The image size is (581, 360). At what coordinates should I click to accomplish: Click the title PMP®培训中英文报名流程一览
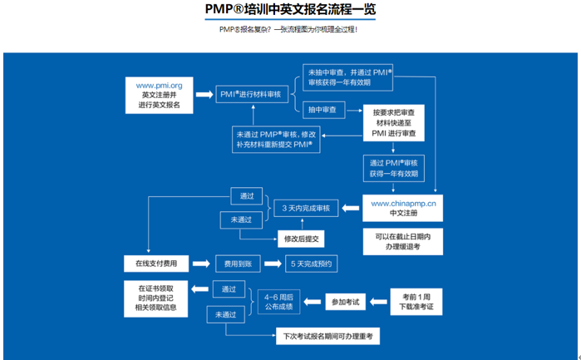click(289, 11)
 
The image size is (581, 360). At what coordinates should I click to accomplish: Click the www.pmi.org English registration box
click(159, 95)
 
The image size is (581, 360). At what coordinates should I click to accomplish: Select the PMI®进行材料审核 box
click(251, 95)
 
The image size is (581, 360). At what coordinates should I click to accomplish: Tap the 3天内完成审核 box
click(306, 207)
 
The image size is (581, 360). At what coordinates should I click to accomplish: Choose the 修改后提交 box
click(303, 239)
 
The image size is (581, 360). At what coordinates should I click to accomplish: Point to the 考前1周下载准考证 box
click(417, 301)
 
